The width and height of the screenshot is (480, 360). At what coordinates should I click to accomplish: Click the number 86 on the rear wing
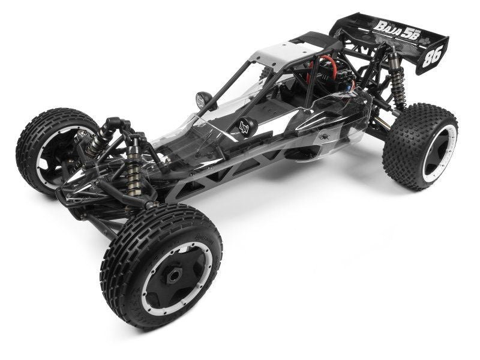pyautogui.click(x=431, y=56)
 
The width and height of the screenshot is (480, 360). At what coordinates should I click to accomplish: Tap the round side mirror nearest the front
pyautogui.click(x=203, y=100)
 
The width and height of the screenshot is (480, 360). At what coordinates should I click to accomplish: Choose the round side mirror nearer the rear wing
pyautogui.click(x=247, y=127)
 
